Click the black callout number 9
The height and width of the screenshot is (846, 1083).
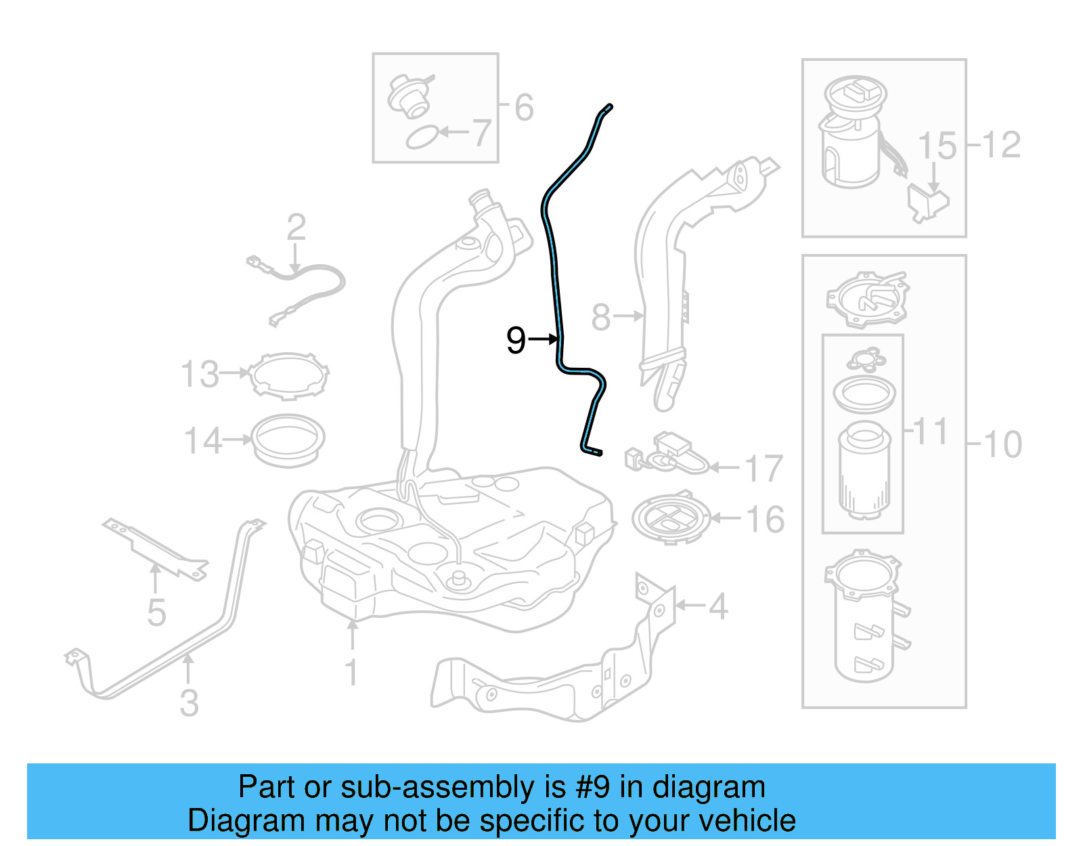[516, 339]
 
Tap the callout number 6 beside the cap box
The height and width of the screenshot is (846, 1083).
[524, 107]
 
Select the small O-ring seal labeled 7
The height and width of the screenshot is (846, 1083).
[422, 138]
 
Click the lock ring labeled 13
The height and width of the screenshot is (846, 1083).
[289, 376]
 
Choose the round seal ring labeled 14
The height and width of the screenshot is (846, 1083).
[288, 440]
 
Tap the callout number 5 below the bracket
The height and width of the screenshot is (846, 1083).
[156, 612]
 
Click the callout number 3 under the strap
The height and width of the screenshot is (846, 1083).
[190, 702]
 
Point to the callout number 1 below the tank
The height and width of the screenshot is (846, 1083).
[351, 672]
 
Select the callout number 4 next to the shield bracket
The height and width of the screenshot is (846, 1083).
[717, 606]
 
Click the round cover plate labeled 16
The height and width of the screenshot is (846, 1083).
[671, 519]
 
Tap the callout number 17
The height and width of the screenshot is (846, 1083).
[764, 468]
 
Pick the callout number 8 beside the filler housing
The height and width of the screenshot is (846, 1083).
[601, 316]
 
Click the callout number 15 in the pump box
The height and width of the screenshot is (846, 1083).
[937, 146]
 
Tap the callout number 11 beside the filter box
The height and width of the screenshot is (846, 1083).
[931, 431]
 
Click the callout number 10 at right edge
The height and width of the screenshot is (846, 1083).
[1002, 444]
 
